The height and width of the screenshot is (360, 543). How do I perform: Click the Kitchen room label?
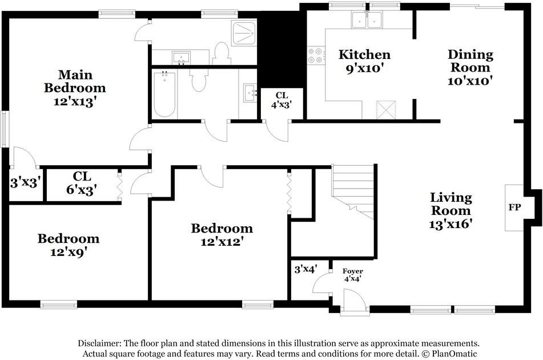pos(364,54)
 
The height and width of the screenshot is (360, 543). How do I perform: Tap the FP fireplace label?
pos(514,207)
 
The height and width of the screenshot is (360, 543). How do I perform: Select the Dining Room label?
pos(470,61)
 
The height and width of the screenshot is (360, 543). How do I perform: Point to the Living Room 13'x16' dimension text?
pos(451,224)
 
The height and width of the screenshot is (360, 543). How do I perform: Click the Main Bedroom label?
pos(75,81)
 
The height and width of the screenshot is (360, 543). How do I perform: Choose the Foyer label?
pos(353,271)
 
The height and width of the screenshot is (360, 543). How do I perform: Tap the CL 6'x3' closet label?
pos(82,183)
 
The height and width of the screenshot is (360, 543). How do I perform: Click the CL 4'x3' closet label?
pos(281,100)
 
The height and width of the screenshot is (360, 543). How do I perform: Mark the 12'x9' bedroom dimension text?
pos(69,252)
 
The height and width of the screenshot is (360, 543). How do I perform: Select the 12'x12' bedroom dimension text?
pos(220,241)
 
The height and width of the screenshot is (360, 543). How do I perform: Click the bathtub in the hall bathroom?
pos(164,94)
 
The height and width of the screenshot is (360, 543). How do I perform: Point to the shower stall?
pos(244,33)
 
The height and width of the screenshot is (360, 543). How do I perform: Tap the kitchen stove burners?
pos(316,55)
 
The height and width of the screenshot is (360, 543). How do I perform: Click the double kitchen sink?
pos(367,19)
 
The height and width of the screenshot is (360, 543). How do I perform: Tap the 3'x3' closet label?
pos(26,182)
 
